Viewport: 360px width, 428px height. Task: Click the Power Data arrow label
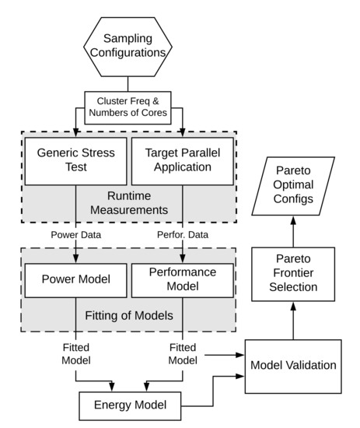coord(75,233)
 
